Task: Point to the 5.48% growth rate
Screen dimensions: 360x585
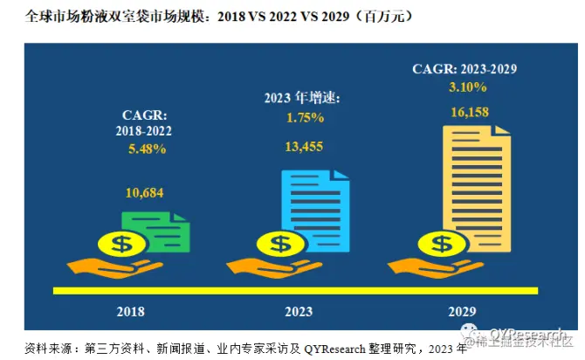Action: (x=145, y=150)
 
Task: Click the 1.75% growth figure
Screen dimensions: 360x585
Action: (x=305, y=117)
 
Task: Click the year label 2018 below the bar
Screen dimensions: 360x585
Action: (x=130, y=311)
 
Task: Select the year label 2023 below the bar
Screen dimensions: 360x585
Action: (x=299, y=311)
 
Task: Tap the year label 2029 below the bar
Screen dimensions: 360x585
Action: (x=464, y=311)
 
